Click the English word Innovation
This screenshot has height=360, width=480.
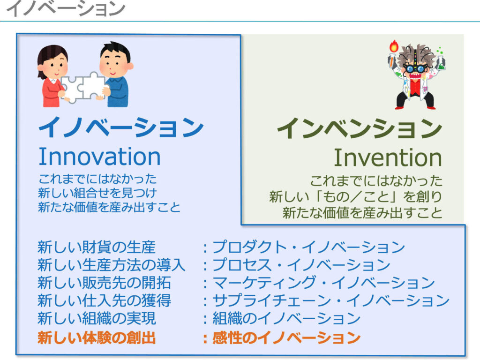(x=99, y=157)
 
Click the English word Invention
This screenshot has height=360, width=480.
(x=388, y=157)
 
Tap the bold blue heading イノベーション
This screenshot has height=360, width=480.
(x=120, y=127)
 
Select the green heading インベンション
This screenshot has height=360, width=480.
(x=360, y=128)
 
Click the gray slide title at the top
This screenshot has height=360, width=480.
(x=65, y=9)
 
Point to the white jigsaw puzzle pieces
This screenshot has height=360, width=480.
(x=82, y=87)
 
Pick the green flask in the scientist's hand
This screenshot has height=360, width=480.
(x=440, y=62)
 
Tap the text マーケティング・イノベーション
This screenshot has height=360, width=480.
(x=323, y=283)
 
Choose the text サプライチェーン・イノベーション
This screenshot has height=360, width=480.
(x=330, y=300)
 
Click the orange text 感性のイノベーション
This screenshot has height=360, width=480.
(x=286, y=338)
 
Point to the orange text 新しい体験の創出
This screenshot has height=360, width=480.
(x=97, y=338)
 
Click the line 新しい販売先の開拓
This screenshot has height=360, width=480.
(x=104, y=283)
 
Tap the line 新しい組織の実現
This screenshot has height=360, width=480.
(x=97, y=318)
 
